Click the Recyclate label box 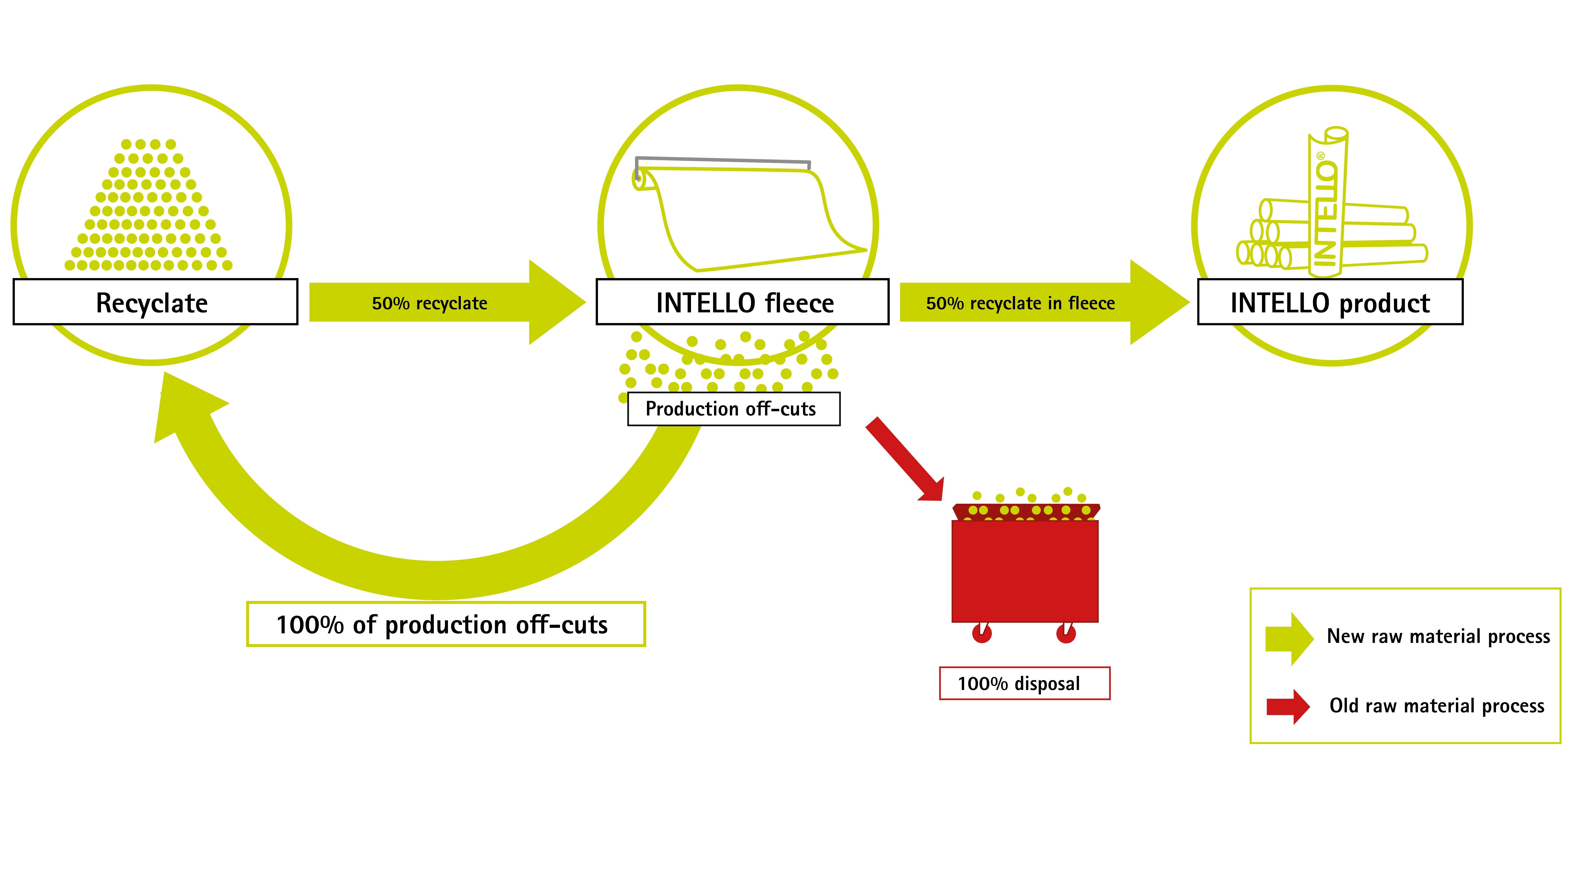pyautogui.click(x=155, y=302)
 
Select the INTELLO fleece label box pyautogui.click(x=743, y=302)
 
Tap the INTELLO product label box pyautogui.click(x=1330, y=302)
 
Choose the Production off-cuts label pyautogui.click(x=733, y=408)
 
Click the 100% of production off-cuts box pyautogui.click(x=446, y=624)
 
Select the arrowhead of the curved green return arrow pyautogui.click(x=186, y=406)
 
